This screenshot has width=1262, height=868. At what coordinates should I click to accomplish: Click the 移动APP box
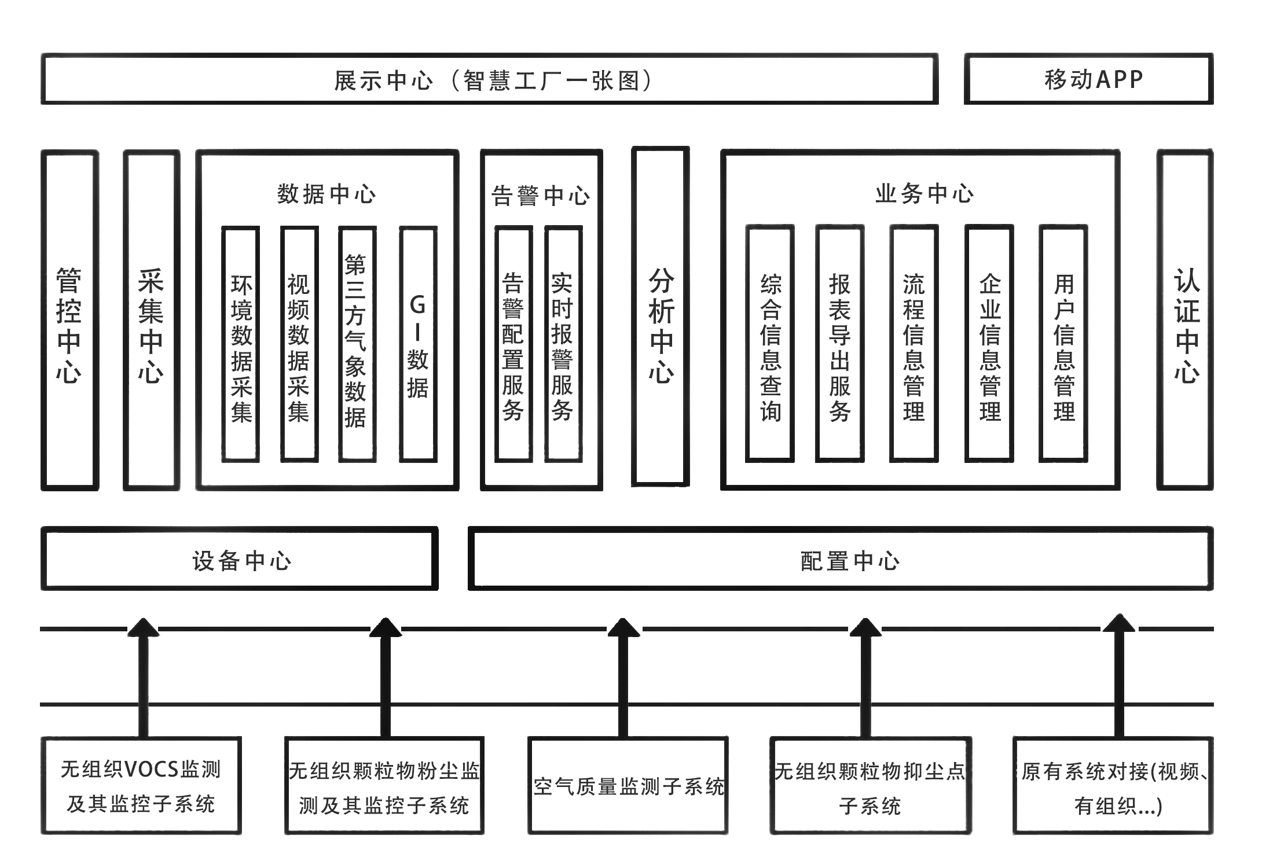(1088, 79)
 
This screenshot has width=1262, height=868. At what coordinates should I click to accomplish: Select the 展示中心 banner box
(490, 79)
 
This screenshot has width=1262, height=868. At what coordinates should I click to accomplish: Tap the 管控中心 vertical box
(69, 320)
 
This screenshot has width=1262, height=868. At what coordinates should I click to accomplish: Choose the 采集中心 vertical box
(151, 320)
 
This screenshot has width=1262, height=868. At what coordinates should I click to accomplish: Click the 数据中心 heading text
(326, 194)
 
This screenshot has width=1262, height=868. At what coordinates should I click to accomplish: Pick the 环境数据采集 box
(241, 344)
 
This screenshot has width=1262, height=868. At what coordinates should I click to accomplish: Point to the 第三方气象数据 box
(357, 344)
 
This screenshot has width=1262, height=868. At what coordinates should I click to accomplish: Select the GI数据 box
(418, 344)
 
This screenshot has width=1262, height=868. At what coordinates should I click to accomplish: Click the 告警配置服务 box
(513, 344)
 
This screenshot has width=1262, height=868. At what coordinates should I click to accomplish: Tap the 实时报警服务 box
(563, 344)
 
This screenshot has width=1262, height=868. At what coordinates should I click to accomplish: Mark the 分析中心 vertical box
(661, 317)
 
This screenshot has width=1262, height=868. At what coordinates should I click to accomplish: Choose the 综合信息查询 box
(770, 344)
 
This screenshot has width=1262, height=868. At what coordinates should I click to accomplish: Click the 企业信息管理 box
(989, 344)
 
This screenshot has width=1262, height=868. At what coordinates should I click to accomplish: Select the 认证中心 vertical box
(1185, 320)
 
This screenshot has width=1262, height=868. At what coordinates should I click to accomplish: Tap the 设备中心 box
(240, 559)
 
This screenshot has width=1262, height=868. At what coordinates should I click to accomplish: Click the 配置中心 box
(841, 559)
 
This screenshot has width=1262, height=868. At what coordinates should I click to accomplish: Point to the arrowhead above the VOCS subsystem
(143, 628)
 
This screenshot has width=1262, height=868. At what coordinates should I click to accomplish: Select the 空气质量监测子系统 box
(628, 785)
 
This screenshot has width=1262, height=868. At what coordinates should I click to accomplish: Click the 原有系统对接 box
(1113, 785)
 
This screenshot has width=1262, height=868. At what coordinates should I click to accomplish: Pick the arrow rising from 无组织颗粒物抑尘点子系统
(865, 677)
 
